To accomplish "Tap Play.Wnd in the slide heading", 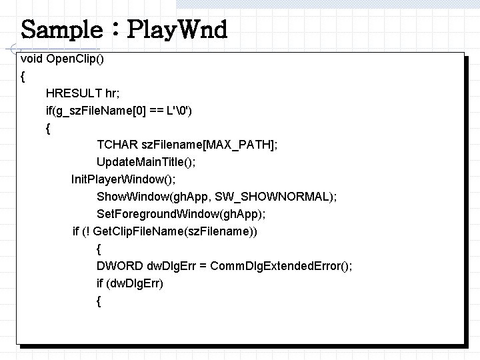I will [x=177, y=30].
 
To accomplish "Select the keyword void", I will [x=32, y=59].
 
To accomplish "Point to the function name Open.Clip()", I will [x=75, y=59].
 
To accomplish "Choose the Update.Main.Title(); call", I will [x=147, y=162].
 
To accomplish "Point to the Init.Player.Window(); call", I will [x=124, y=179].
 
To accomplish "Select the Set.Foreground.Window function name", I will [x=157, y=214].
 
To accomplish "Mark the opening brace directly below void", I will [x=23, y=76].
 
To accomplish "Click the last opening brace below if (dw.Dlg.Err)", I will [x=99, y=301].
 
